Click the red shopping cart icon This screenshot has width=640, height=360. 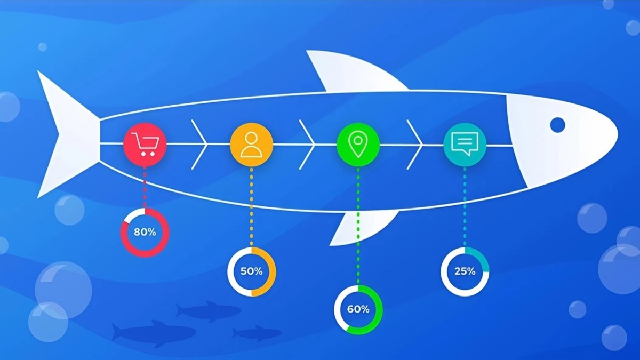145,144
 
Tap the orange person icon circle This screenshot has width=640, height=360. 251,144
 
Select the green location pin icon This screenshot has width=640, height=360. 358,144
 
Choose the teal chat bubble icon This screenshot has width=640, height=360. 465,144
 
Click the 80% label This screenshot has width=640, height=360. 145,232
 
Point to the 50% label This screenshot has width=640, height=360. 251,271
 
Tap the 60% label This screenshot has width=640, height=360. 358,309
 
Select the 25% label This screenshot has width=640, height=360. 465,271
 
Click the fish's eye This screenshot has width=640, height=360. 557,125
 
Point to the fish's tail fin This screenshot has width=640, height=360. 67,133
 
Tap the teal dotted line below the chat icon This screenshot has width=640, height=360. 465,205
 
